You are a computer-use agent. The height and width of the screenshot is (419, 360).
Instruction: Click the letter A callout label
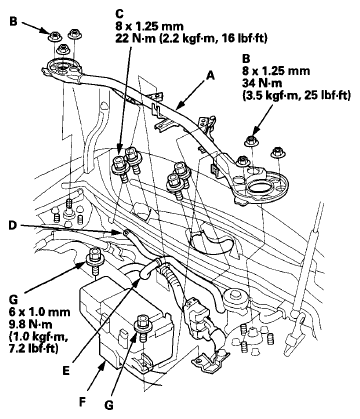coord(210,76)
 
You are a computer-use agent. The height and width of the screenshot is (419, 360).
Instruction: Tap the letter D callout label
coord(12,226)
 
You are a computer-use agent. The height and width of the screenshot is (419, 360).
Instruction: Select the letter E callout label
coord(66,371)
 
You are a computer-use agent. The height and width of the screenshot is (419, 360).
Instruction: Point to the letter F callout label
coord(82,401)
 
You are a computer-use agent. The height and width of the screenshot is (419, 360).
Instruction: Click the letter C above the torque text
coord(119,14)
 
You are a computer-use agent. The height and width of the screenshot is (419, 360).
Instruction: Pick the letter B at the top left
coord(13,22)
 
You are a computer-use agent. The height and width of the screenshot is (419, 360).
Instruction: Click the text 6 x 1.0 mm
coord(39,312)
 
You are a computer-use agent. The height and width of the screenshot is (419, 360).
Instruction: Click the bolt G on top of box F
coord(142,327)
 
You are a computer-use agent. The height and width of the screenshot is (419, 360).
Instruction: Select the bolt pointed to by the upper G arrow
coord(94,260)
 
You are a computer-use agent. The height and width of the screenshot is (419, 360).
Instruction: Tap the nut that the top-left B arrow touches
coord(54,36)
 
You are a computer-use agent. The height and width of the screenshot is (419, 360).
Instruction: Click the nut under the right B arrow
coord(252,140)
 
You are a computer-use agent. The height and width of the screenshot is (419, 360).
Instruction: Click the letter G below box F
coord(109,405)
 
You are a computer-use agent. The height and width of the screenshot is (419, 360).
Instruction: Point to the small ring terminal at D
coord(126,232)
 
